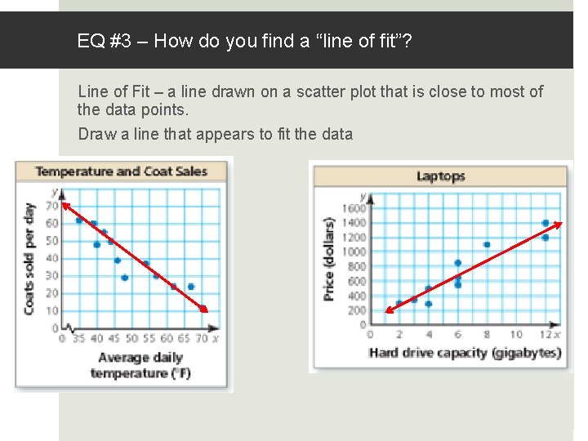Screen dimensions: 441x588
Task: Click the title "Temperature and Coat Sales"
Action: tap(121, 171)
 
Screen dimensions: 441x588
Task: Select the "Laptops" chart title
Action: tap(440, 176)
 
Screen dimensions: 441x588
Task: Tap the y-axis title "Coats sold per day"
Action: tap(29, 258)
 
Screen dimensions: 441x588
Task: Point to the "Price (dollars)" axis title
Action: tap(329, 258)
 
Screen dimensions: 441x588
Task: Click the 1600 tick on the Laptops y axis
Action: tap(354, 208)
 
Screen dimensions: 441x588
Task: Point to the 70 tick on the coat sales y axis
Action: tap(51, 205)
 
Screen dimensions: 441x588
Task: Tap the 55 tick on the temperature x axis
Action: tap(146, 339)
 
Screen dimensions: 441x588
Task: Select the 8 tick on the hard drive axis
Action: tap(487, 335)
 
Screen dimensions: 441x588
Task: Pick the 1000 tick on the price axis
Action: tap(354, 252)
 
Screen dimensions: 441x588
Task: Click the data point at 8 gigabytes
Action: tap(487, 244)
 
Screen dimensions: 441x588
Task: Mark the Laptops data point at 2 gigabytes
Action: tap(399, 304)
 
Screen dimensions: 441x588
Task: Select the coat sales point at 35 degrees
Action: tap(79, 220)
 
